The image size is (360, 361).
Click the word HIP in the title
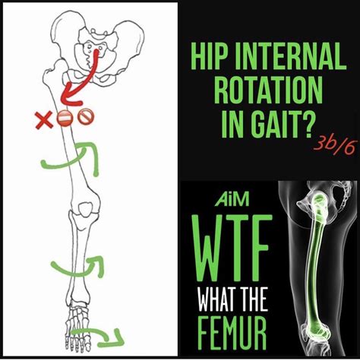click(x=206, y=55)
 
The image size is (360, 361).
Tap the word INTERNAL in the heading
click(x=289, y=55)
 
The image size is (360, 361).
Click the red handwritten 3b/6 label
click(x=335, y=147)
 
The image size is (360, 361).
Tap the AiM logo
click(x=232, y=199)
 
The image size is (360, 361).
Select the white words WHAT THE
click(x=232, y=299)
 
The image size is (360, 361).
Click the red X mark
click(x=44, y=119)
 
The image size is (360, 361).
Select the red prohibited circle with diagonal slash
click(x=86, y=117)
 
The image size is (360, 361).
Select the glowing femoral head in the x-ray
click(x=320, y=199)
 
